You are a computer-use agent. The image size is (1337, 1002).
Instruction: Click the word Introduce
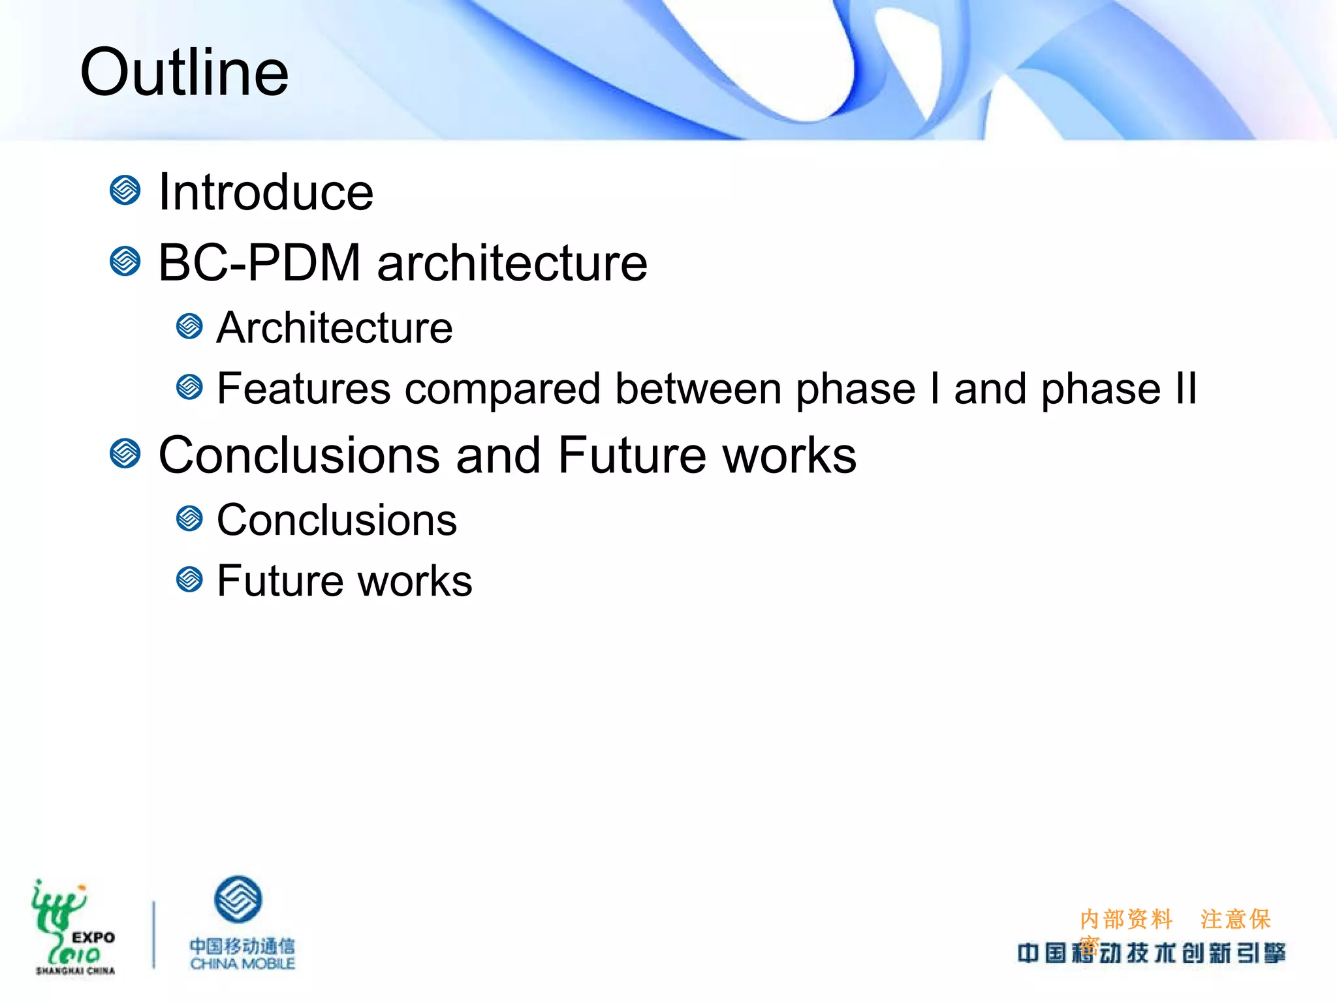[x=266, y=192]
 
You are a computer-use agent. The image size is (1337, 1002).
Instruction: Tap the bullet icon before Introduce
[x=125, y=190]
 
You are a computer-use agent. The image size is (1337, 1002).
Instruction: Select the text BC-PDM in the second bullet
[x=259, y=263]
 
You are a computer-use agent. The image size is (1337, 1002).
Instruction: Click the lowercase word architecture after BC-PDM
[x=512, y=263]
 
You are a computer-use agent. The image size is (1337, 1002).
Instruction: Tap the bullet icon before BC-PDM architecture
[x=125, y=262]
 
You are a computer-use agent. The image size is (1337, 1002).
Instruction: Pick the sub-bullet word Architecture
[x=334, y=327]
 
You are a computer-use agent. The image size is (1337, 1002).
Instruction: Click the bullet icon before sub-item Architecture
[x=189, y=326]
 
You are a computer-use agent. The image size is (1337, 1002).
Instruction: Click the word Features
[x=304, y=389]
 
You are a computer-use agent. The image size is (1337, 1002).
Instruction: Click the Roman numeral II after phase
[x=1186, y=389]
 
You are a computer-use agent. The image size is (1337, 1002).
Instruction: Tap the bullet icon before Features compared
[x=189, y=387]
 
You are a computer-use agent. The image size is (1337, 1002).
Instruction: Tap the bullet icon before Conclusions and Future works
[x=125, y=453]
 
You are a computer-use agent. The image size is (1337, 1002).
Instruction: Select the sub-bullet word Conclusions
[x=337, y=521]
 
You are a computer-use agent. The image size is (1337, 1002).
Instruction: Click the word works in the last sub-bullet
[x=415, y=581]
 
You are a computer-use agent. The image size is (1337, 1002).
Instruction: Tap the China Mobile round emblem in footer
[x=238, y=900]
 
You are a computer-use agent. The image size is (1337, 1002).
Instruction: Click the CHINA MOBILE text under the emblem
[x=242, y=964]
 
